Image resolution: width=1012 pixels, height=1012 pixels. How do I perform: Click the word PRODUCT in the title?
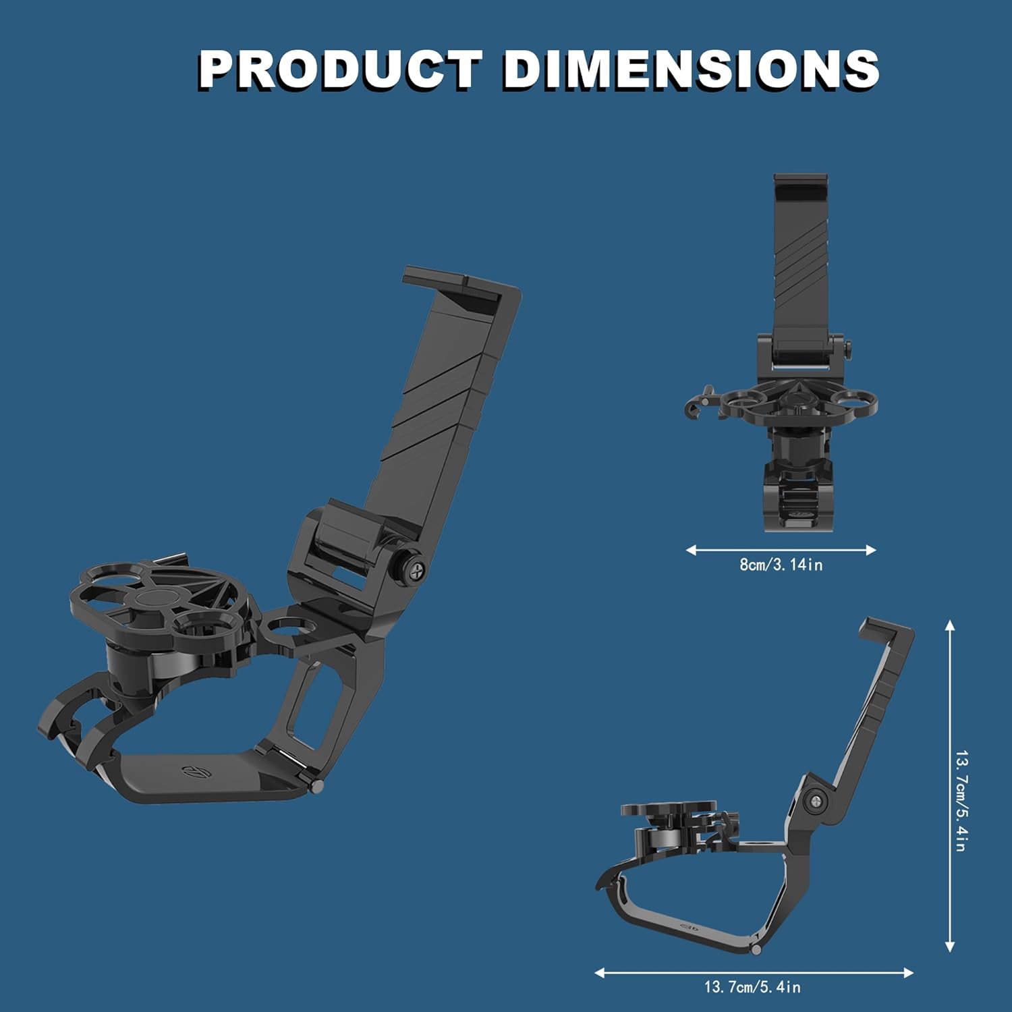(341, 69)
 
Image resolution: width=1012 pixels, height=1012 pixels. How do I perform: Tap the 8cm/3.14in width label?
(781, 565)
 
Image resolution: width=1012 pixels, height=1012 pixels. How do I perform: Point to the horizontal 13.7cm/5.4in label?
(752, 987)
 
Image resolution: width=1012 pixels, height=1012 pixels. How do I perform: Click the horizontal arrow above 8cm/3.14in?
(781, 550)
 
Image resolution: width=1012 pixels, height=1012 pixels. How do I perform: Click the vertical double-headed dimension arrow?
(950, 786)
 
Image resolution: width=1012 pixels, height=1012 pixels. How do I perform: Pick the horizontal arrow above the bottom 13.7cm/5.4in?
(754, 973)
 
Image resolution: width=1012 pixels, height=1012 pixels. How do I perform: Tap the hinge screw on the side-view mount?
(818, 801)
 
